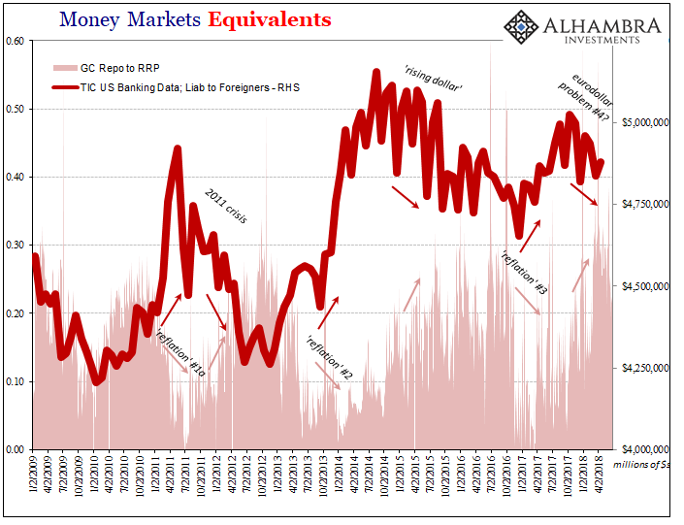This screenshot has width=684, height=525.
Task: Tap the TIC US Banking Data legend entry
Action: tap(175, 87)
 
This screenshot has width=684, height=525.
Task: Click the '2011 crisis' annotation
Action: tap(225, 205)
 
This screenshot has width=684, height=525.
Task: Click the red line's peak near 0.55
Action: tap(375, 72)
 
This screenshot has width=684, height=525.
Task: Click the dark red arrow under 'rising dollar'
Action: tap(405, 196)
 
